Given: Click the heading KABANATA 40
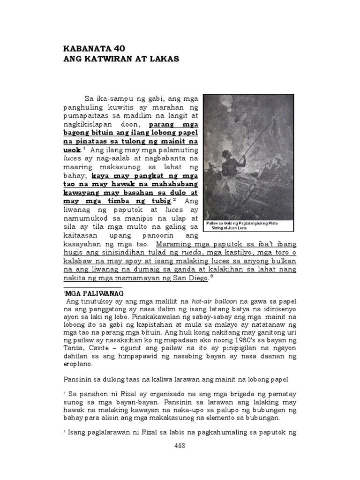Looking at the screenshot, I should click(x=94, y=49).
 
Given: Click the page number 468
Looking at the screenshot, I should click(x=180, y=446).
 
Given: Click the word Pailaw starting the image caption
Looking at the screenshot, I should click(x=214, y=223).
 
